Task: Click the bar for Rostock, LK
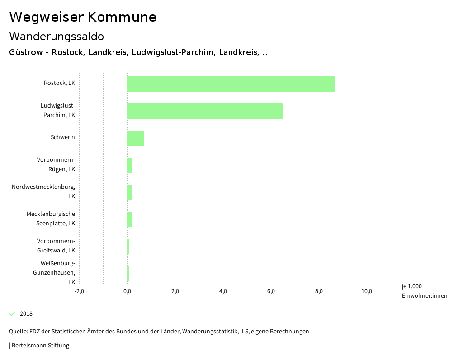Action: click(231, 84)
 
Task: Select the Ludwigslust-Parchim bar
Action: click(205, 111)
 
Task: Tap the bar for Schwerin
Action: click(135, 138)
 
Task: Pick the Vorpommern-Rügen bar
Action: click(129, 165)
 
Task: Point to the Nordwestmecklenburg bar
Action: click(129, 192)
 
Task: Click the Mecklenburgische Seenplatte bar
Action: click(129, 220)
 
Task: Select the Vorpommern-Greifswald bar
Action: click(128, 247)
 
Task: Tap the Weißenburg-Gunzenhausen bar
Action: click(128, 274)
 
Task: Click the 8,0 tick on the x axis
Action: click(319, 291)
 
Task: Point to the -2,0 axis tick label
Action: click(79, 291)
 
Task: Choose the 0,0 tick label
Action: click(127, 291)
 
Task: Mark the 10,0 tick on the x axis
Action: click(367, 291)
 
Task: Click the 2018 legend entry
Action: click(26, 314)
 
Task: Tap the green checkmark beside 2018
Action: click(12, 314)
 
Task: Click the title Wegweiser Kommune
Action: click(83, 17)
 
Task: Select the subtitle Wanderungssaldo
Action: click(57, 36)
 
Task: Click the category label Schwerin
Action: click(63, 137)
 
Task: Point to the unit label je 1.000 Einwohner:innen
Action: click(424, 291)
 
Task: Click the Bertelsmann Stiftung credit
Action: click(40, 346)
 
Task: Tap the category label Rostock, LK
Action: click(59, 83)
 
